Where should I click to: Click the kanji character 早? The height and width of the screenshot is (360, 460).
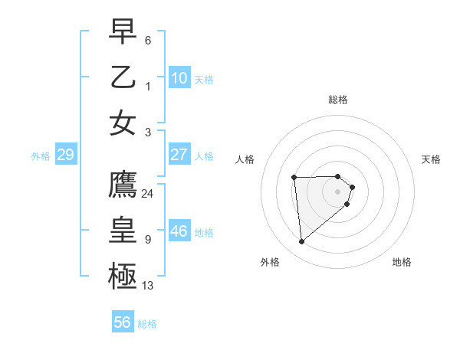[123, 31]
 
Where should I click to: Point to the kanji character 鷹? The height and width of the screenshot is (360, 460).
[123, 183]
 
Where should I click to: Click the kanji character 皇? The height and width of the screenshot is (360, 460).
[123, 230]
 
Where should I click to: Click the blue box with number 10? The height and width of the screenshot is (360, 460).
[179, 77]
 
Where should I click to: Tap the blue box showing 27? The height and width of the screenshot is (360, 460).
[179, 155]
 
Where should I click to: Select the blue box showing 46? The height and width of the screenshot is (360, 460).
[179, 231]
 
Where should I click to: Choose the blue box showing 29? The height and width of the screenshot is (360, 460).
[65, 155]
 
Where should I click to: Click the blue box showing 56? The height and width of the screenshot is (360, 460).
[122, 322]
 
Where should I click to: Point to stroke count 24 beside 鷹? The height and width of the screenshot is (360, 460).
[148, 193]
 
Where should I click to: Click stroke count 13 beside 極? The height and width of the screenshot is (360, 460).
[148, 286]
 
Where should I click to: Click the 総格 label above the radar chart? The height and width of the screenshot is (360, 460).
[338, 100]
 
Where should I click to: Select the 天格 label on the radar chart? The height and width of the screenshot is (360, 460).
[432, 159]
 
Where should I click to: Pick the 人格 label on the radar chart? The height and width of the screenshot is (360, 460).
[245, 159]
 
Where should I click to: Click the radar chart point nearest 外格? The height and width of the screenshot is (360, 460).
[302, 242]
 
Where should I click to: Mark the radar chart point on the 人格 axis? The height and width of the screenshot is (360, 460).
[294, 178]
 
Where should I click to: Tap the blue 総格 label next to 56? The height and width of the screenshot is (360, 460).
[147, 324]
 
